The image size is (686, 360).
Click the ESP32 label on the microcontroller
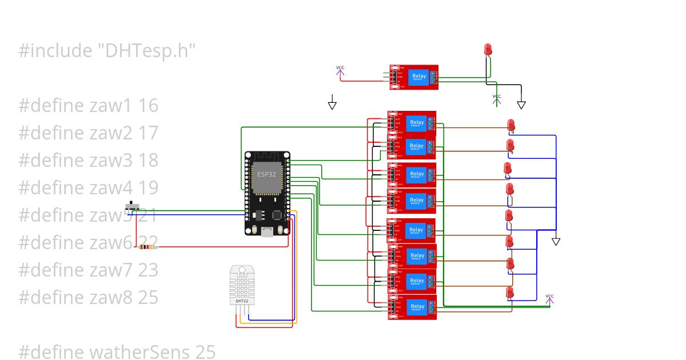(265, 174)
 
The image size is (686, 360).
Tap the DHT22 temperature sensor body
(242, 286)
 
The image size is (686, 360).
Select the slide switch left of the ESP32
(134, 206)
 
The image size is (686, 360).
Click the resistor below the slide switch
(147, 247)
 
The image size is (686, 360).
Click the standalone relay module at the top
(414, 77)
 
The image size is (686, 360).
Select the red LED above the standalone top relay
(488, 50)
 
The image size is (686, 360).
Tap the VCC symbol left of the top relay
(340, 71)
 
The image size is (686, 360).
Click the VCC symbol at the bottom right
(549, 299)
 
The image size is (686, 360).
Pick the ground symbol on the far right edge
(556, 241)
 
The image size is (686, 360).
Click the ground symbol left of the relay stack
(332, 105)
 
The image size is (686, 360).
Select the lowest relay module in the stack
(412, 307)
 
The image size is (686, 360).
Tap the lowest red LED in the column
(509, 293)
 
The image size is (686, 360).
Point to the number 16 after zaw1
(147, 106)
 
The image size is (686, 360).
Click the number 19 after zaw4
(147, 187)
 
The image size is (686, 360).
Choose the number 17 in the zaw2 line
(147, 133)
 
